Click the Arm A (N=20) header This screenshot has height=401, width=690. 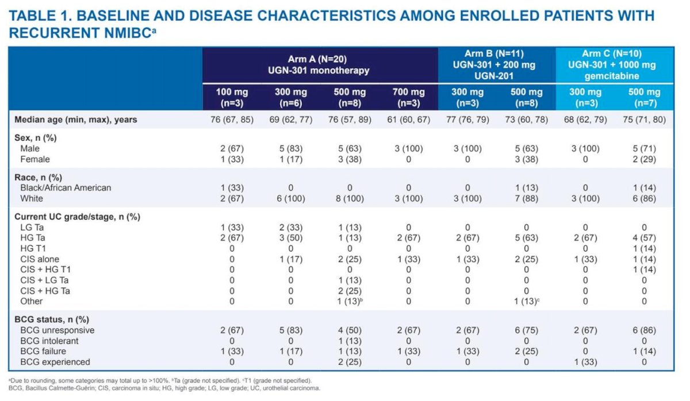[318, 64]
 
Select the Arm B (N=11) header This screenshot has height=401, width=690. [494, 64]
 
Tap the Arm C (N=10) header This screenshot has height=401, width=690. [612, 64]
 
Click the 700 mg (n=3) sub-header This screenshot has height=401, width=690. [408, 97]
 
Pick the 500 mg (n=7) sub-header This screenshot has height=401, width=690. [644, 97]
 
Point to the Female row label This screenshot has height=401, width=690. [35, 159]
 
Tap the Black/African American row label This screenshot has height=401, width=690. [66, 188]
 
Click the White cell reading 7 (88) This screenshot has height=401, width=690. [526, 199]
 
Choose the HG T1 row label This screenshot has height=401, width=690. [33, 248]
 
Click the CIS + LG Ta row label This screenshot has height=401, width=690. [44, 280]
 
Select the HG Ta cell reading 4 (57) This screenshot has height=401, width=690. [644, 238]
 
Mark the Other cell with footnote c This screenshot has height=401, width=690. [527, 301]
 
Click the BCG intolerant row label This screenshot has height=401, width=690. [49, 341]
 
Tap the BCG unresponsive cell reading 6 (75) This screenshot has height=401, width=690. [526, 330]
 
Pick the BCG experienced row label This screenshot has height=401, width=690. [55, 362]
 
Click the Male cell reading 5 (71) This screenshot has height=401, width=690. [644, 149]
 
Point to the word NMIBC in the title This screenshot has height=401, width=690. [128, 33]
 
